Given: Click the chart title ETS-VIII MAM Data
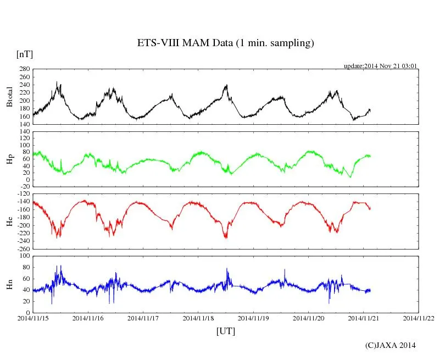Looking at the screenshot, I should (225, 43).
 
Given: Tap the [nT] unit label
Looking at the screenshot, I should (25, 54).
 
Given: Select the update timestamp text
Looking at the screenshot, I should (381, 66).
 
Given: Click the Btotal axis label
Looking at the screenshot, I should (9, 97).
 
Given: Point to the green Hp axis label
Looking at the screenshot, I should (9, 159).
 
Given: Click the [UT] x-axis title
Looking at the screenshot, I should (225, 331).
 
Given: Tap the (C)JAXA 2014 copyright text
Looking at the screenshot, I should (391, 345).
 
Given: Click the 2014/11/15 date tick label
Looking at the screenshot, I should (32, 318).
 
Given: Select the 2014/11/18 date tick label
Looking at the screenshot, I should (198, 318).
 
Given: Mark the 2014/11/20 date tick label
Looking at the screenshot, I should (308, 318).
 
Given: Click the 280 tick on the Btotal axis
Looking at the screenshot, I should (25, 69).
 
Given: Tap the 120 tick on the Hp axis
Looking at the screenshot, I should (25, 132).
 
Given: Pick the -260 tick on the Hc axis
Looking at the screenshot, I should (23, 249).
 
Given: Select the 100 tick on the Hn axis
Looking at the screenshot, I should (25, 256).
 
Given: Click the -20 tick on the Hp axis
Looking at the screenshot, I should (25, 187).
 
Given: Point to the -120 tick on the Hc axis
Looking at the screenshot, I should (23, 195).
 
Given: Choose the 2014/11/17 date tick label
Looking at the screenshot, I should (143, 318).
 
